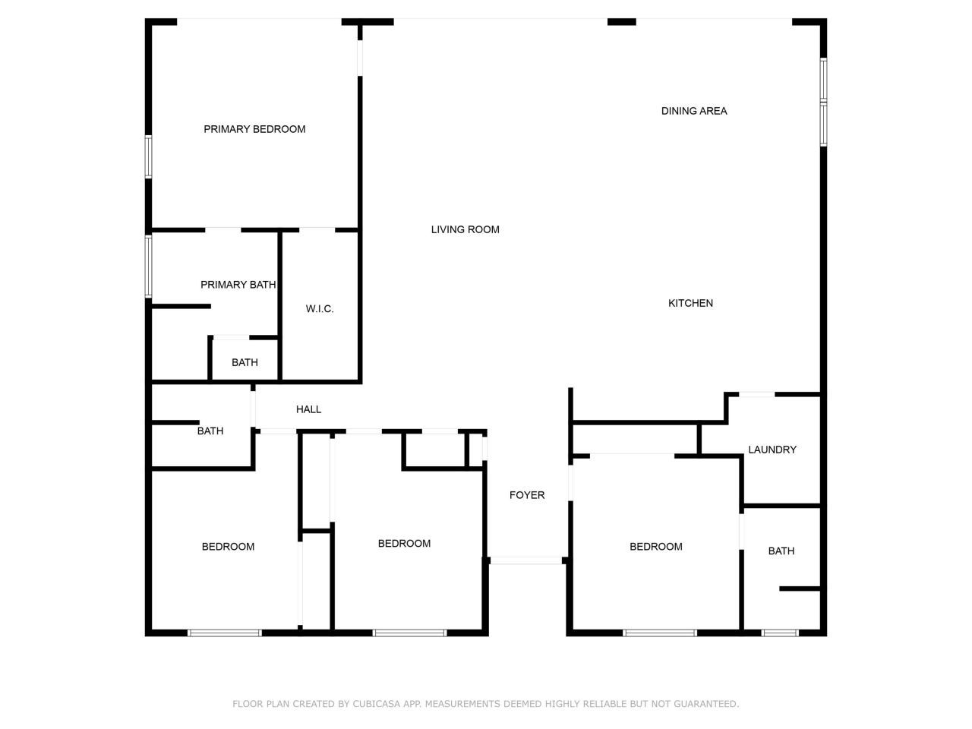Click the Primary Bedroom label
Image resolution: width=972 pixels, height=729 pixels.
coord(254,129)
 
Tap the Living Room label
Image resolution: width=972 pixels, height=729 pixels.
coord(465,229)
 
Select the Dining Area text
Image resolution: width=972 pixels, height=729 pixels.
coord(694,111)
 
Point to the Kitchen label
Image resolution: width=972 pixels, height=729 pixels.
coord(690,303)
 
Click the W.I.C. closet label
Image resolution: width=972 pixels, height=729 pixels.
coord(320,309)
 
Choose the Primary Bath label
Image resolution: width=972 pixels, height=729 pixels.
coord(238,285)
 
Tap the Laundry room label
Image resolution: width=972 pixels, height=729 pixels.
coord(772,450)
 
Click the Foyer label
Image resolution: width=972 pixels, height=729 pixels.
coord(526,495)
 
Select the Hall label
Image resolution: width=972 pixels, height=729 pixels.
coord(308,409)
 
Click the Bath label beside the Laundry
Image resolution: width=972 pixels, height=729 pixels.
coord(781,551)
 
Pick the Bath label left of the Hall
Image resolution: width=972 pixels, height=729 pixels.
coord(210,431)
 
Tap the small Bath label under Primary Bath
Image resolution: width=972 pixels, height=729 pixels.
coord(245,362)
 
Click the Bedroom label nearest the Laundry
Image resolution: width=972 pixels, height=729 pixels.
coord(655,547)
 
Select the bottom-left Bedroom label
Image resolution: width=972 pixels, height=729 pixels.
coord(228,547)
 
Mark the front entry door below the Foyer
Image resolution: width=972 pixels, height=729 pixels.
coord(526,560)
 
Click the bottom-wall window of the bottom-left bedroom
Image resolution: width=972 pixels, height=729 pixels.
coord(225,633)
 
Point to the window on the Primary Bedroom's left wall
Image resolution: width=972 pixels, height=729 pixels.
coord(149,157)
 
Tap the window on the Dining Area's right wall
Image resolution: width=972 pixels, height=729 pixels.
coord(823,102)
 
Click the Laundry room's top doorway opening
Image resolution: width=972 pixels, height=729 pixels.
coord(757,393)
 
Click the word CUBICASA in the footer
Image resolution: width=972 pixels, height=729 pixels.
coord(377,704)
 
